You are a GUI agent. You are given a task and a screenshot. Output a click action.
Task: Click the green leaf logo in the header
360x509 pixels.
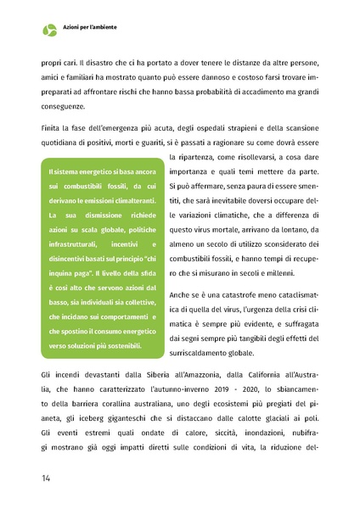click(x=49, y=30)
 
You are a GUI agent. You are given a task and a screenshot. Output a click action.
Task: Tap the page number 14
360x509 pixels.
click(x=47, y=478)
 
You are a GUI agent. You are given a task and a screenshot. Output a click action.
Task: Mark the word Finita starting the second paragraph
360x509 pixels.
click(x=53, y=127)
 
